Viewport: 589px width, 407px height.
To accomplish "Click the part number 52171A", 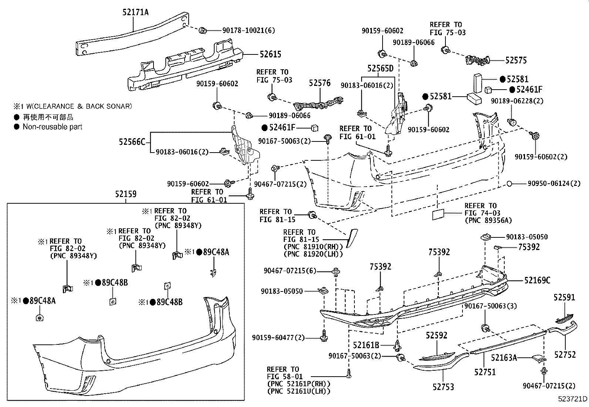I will coord(135,12).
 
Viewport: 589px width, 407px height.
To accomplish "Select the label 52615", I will coord(270,54).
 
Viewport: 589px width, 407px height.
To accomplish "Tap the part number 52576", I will coord(320,83).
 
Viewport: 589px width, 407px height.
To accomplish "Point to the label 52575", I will coord(516,60).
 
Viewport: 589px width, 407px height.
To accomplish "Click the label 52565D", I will coord(380,69).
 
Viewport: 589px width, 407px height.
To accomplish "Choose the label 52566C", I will coord(132,141).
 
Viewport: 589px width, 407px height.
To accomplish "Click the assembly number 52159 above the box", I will coord(125,194).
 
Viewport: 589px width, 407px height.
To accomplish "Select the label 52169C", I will coord(537,280).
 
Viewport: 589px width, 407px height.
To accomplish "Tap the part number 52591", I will coord(565,297).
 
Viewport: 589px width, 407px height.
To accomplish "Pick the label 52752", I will coord(565,354).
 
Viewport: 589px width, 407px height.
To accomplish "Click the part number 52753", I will coord(443,387).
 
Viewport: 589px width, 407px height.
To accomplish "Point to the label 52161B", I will coord(366,345).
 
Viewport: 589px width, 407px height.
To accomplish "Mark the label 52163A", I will coord(504,357).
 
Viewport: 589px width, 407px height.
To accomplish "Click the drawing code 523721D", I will coord(572,399).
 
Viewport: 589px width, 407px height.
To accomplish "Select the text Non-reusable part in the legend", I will coord(53,127).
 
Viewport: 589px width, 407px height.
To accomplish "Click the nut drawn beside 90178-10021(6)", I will coord(203,30).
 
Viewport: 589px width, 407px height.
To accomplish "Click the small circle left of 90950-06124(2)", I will coord(509,183).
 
